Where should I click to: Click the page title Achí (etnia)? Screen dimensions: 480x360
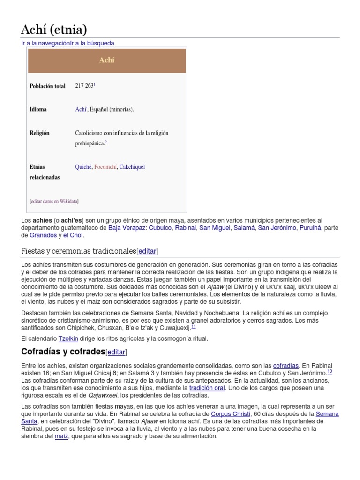pyautogui.click(x=54, y=30)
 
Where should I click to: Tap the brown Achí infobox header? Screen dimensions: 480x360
pyautogui.click(x=107, y=60)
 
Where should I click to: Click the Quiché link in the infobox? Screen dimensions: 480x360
pyautogui.click(x=83, y=167)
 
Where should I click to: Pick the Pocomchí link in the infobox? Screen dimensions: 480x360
pyautogui.click(x=105, y=167)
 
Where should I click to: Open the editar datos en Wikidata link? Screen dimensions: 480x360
pyautogui.click(x=54, y=201)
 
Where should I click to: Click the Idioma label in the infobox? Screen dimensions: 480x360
pyautogui.click(x=38, y=110)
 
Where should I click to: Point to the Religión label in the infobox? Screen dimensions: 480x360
pyautogui.click(x=39, y=133)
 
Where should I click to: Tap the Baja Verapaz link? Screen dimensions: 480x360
pyautogui.click(x=127, y=228)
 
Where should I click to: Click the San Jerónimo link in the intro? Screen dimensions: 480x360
pyautogui.click(x=277, y=228)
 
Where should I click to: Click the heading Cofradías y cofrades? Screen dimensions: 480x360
pyautogui.click(x=63, y=352)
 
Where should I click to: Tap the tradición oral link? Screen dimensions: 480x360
pyautogui.click(x=207, y=388)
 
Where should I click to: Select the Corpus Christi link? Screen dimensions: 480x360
pyautogui.click(x=230, y=414)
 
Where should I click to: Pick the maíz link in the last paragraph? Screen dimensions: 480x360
pyautogui.click(x=61, y=436)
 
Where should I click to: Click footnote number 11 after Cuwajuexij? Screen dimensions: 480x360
pyautogui.click(x=194, y=327)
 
